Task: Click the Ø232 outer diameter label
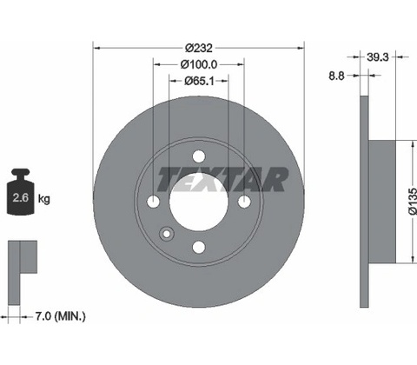(x=199, y=48)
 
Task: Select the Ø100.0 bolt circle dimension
(x=199, y=64)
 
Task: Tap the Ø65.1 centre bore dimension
(x=199, y=81)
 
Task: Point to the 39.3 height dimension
(x=378, y=57)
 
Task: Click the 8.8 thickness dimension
(x=336, y=76)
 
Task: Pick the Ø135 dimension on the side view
(x=413, y=201)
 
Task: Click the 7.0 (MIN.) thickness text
(x=60, y=316)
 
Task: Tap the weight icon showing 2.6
(x=21, y=192)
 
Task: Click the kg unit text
(x=44, y=199)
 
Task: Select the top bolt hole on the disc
(x=199, y=156)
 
